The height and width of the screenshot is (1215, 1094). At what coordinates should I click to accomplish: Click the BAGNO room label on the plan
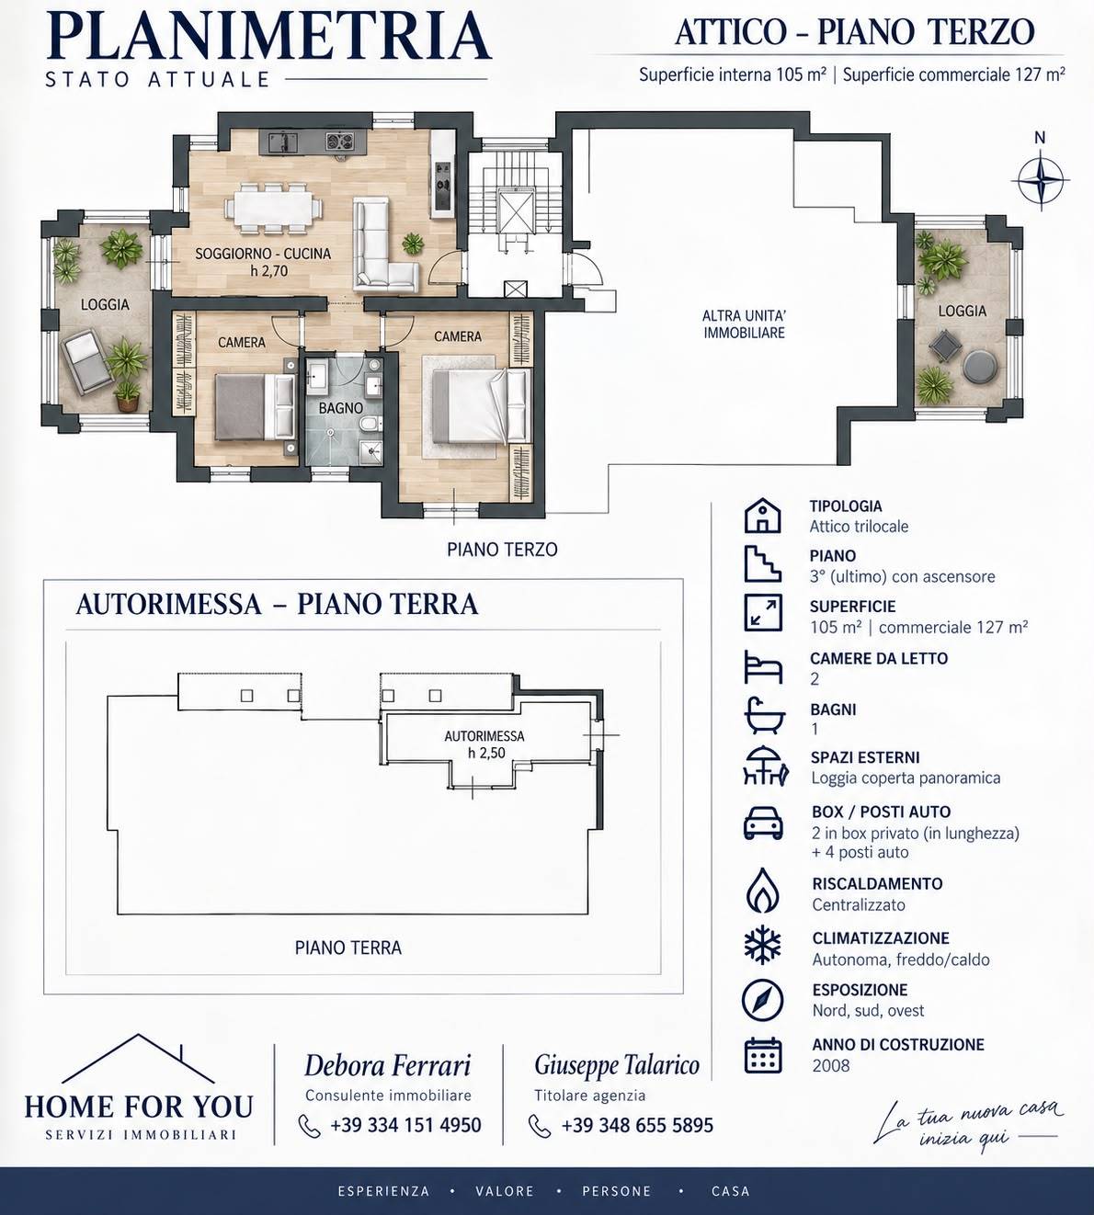pyautogui.click(x=341, y=408)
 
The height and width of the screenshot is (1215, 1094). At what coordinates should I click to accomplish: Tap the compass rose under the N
pyautogui.click(x=1041, y=180)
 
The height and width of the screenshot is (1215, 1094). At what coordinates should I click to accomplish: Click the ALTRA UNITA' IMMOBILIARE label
pyautogui.click(x=745, y=324)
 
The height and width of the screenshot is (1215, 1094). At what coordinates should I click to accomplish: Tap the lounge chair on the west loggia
pyautogui.click(x=86, y=361)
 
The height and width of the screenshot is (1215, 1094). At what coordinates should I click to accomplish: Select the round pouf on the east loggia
pyautogui.click(x=980, y=366)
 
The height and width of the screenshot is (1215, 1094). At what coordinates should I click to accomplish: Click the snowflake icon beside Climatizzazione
pyautogui.click(x=762, y=944)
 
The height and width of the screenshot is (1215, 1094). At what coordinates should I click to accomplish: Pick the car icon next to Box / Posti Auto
pyautogui.click(x=763, y=823)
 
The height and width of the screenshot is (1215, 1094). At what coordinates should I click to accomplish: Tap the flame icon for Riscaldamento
pyautogui.click(x=763, y=890)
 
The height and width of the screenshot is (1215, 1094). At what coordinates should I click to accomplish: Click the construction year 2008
pyautogui.click(x=830, y=1065)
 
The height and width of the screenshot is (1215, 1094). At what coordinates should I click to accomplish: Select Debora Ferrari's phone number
pyautogui.click(x=405, y=1125)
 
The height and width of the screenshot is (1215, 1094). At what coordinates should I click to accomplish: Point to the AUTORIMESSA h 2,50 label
pyautogui.click(x=484, y=744)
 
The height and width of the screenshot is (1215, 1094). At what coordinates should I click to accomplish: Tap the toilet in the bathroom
pyautogui.click(x=368, y=426)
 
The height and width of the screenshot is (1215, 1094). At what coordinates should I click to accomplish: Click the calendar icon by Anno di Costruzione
pyautogui.click(x=762, y=1055)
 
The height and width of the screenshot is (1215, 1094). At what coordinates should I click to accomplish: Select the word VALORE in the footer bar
pyautogui.click(x=505, y=1191)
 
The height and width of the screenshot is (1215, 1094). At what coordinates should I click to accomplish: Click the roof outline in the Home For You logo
pyautogui.click(x=139, y=1058)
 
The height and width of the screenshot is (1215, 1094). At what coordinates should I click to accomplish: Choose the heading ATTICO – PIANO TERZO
pyautogui.click(x=855, y=32)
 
